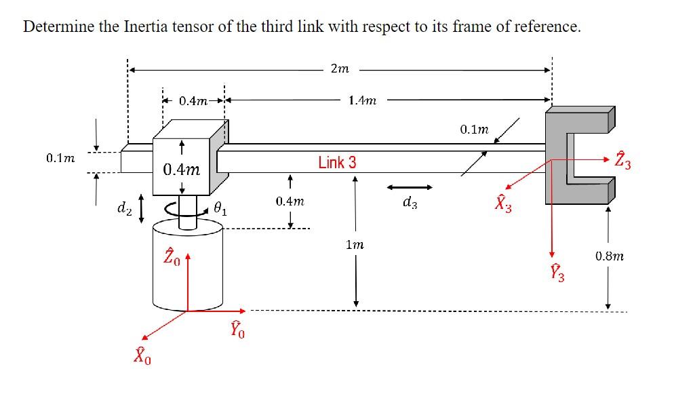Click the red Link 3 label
click(337, 163)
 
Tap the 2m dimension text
click(339, 69)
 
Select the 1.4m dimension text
click(362, 100)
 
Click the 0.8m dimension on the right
click(609, 256)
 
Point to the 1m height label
click(354, 245)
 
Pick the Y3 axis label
click(557, 273)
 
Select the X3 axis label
click(502, 203)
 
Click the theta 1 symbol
click(220, 209)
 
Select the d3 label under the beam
click(410, 202)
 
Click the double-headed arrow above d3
click(410, 187)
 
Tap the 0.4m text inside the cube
click(181, 169)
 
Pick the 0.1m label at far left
click(60, 158)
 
